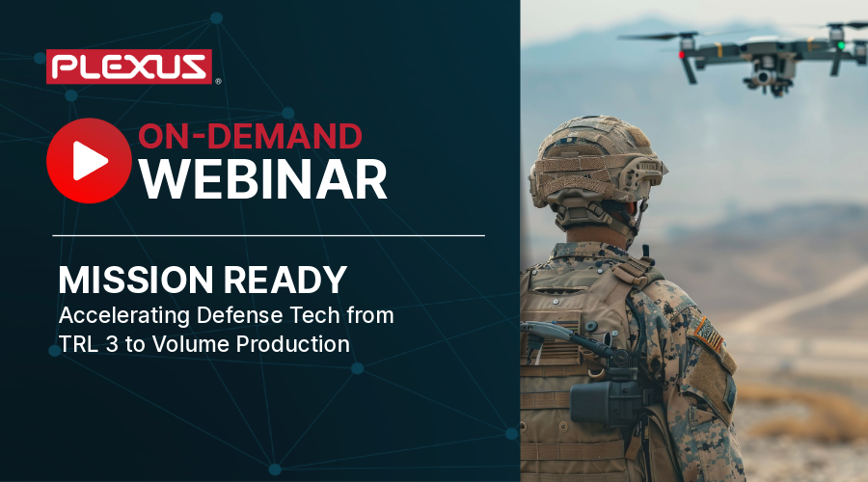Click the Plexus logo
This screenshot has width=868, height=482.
click(129, 67)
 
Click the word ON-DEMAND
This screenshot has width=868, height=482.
click(250, 136)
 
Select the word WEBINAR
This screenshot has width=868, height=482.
click(261, 178)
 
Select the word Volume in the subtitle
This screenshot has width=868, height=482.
click(189, 344)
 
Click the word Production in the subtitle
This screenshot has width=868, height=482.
click(293, 344)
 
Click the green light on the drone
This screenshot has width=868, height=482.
click(841, 44)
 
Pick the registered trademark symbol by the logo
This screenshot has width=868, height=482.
click(218, 82)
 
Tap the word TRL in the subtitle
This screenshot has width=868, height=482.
click(75, 344)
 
